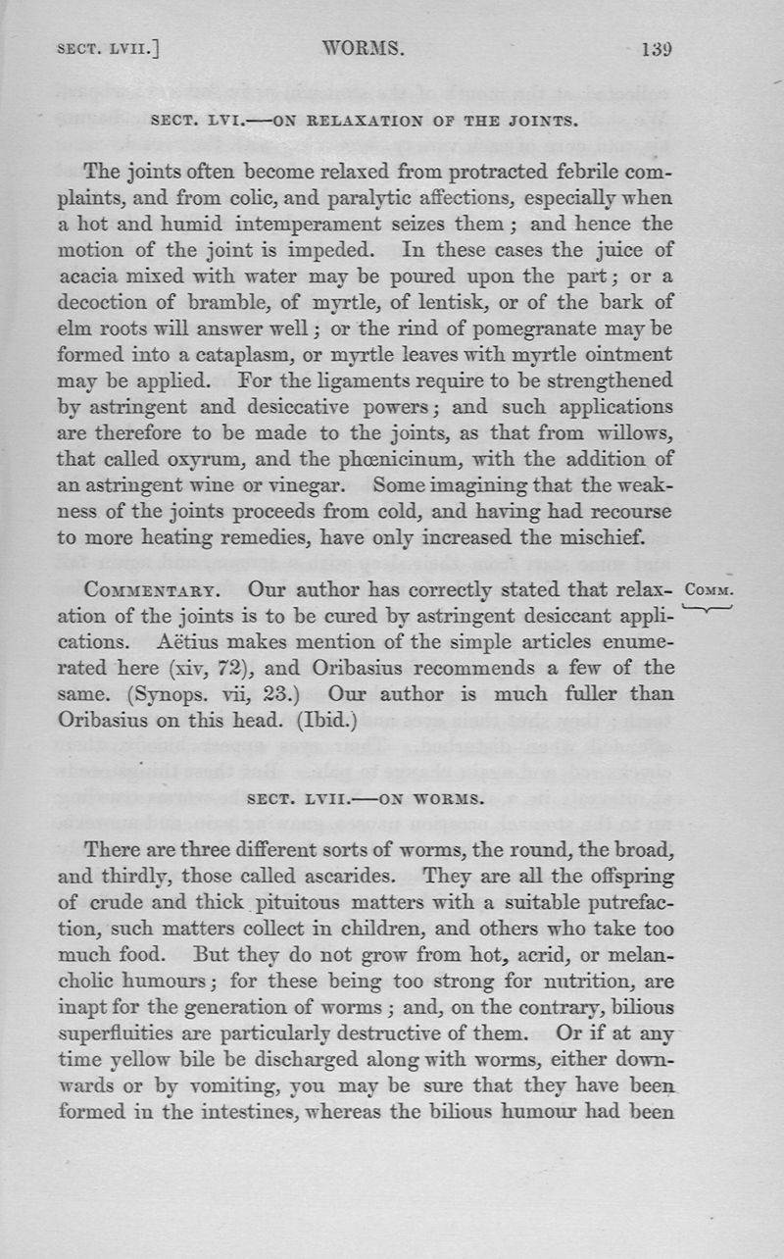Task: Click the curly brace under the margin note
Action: pos(714,610)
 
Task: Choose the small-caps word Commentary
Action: pos(159,592)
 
